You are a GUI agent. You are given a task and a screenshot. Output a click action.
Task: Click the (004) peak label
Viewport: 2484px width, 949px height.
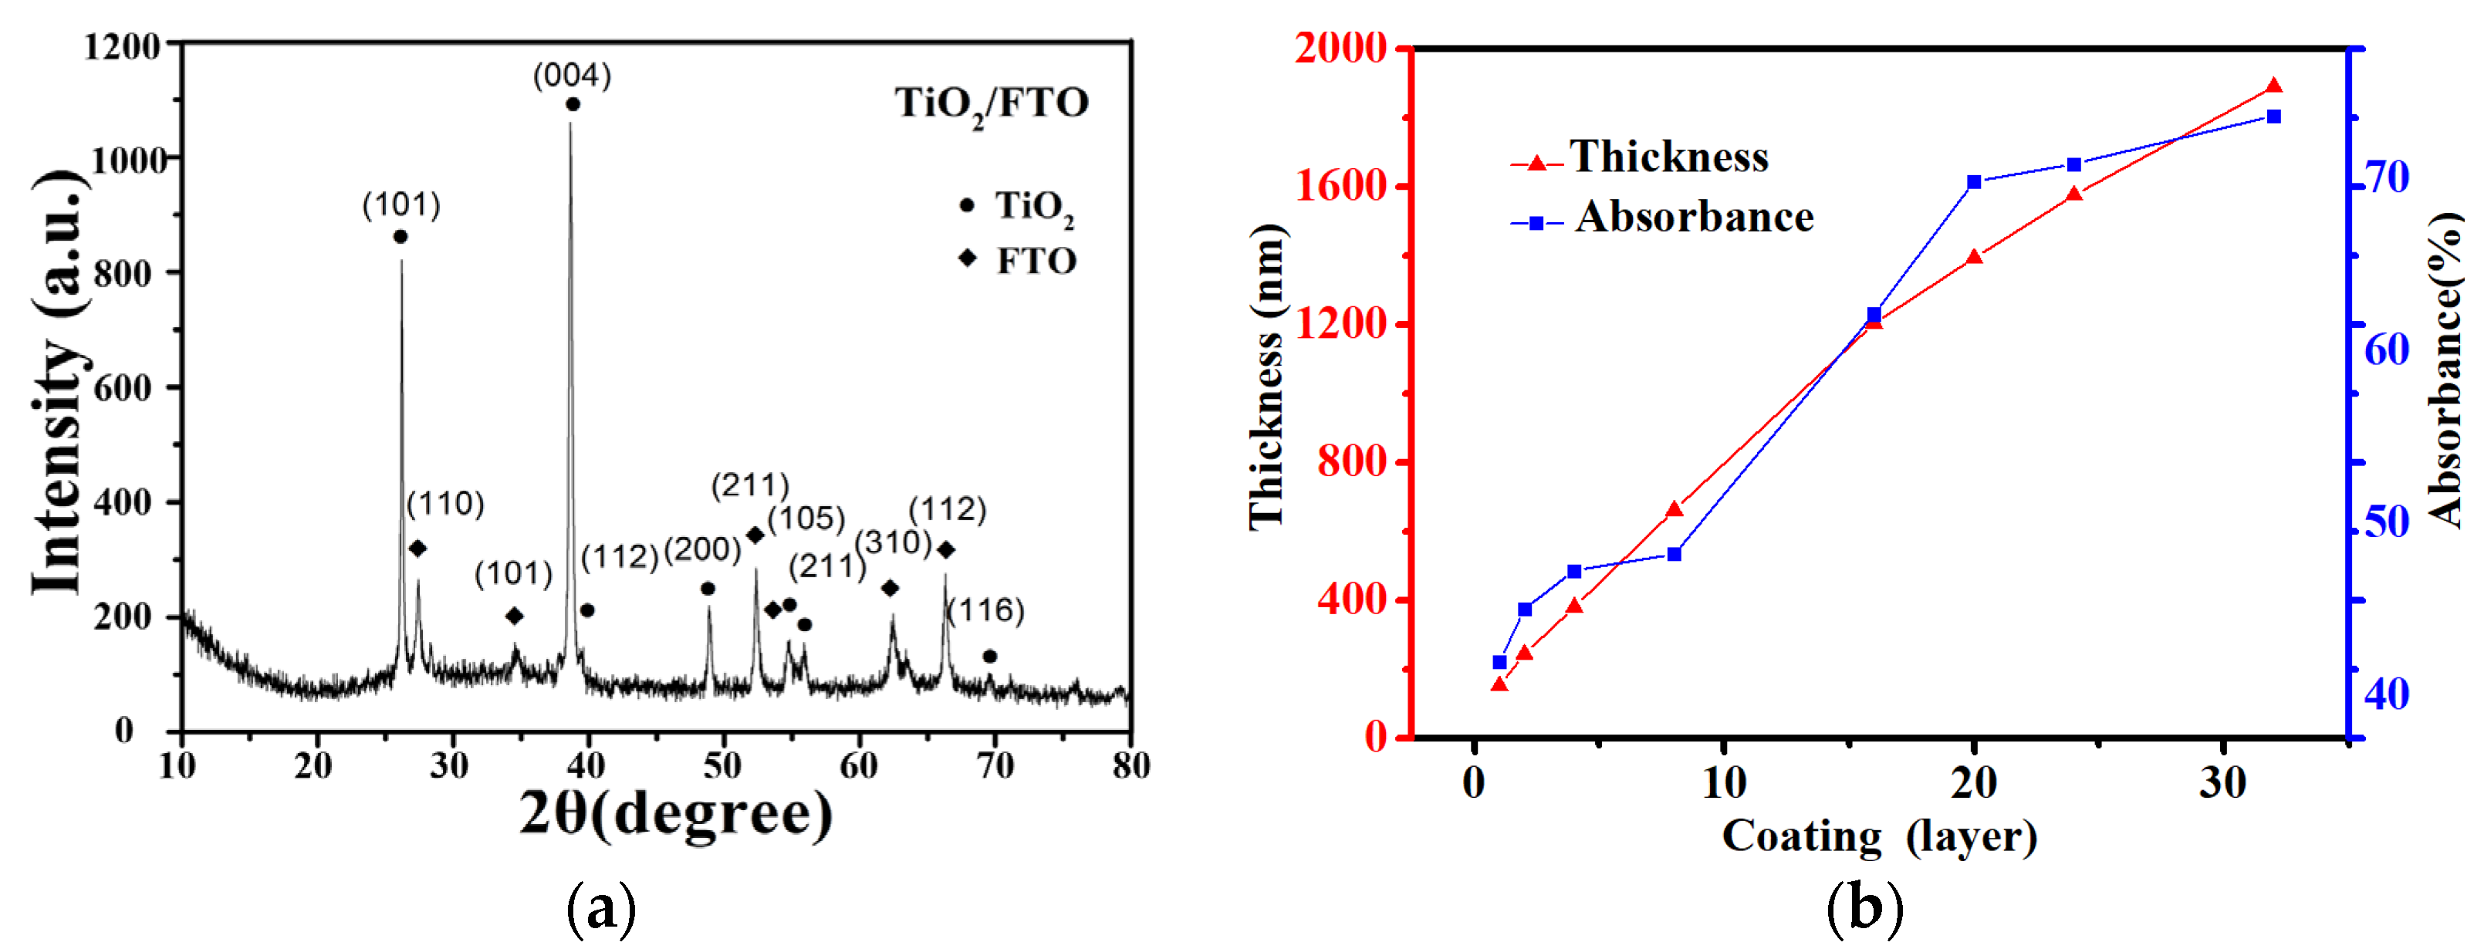click(572, 76)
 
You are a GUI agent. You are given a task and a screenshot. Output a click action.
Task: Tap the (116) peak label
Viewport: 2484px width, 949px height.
click(985, 610)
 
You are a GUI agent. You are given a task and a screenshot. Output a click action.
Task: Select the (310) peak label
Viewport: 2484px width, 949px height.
click(893, 543)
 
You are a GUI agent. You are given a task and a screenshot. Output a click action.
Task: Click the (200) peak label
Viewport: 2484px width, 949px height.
click(702, 549)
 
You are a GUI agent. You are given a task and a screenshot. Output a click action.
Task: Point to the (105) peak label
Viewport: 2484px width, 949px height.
click(806, 518)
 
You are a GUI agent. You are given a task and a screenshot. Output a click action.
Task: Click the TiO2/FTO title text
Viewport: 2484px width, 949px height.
click(992, 102)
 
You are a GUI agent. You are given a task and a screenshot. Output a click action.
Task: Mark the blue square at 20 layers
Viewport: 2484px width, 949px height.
click(1974, 182)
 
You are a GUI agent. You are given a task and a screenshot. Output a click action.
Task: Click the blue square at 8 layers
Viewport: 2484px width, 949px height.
click(1674, 554)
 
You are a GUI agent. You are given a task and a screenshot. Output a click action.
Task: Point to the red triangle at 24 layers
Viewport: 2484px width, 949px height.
click(2074, 194)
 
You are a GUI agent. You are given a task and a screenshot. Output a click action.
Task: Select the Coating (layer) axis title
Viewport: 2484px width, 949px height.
click(1878, 836)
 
